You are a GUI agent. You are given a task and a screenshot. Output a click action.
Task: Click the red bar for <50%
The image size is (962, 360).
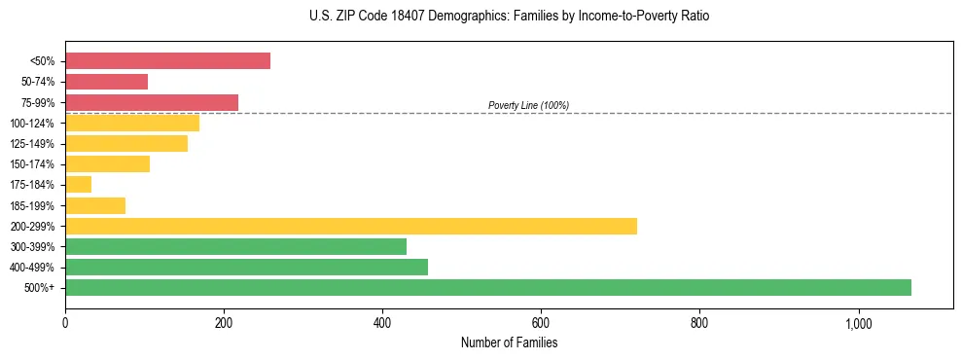[x=167, y=61]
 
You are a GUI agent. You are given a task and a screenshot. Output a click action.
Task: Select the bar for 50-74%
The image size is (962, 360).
[x=106, y=82]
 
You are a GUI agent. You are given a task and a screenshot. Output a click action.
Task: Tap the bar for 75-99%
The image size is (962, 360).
[x=152, y=102]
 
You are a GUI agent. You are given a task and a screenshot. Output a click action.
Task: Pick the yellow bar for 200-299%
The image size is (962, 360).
[x=351, y=226]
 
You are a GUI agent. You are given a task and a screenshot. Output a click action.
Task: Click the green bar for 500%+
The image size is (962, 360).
[x=488, y=287]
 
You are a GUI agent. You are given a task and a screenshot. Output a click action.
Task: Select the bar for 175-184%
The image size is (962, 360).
[x=78, y=184]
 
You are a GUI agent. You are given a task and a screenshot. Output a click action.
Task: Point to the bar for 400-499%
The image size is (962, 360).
[x=246, y=267]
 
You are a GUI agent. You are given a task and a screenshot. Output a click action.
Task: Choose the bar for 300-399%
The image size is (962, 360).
[x=235, y=246]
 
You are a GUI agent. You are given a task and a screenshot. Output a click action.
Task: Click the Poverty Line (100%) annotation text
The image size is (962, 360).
[x=528, y=105]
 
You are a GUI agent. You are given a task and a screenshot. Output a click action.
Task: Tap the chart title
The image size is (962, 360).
[x=481, y=17]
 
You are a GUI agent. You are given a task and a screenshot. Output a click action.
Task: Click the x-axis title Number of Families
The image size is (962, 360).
[x=509, y=342]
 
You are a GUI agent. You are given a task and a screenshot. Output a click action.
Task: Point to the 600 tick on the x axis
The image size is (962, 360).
[x=541, y=322]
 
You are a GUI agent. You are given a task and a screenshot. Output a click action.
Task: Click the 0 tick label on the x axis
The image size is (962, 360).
[x=65, y=322]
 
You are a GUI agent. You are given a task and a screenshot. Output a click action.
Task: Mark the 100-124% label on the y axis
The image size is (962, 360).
[x=32, y=124]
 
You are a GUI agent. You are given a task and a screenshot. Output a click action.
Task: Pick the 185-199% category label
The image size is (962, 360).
[x=32, y=205]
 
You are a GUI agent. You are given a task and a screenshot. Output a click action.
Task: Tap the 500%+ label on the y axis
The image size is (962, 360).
[x=39, y=288]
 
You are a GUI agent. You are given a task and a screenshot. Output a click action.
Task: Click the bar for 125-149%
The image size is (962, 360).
[x=126, y=143]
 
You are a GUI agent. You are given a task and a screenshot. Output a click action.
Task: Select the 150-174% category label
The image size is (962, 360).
[x=32, y=164]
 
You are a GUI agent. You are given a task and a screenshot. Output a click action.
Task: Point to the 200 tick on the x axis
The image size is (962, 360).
[x=224, y=322]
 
